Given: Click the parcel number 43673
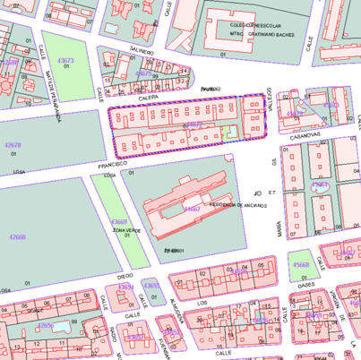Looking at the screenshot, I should pyautogui.click(x=65, y=61).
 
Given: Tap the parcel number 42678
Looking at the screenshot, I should pyautogui.click(x=13, y=145).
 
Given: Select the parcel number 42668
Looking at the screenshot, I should pyautogui.click(x=17, y=237).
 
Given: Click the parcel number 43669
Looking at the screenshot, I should pyautogui.click(x=118, y=221).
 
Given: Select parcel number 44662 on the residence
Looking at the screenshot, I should pyautogui.click(x=193, y=210).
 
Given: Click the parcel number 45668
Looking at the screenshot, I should pyautogui.click(x=302, y=264).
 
